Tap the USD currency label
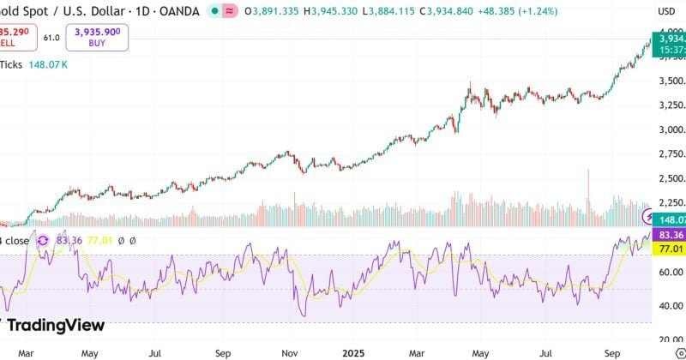pyautogui.click(x=666, y=12)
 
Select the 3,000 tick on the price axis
pyautogui.click(x=670, y=130)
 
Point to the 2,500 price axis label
pyautogui.click(x=670, y=178)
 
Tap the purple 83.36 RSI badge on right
pyautogui.click(x=668, y=235)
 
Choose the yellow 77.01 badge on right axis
pyautogui.click(x=668, y=249)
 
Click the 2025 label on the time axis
pyautogui.click(x=353, y=351)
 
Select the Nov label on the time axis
pyautogui.click(x=290, y=351)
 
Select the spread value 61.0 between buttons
pyautogui.click(x=51, y=38)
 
